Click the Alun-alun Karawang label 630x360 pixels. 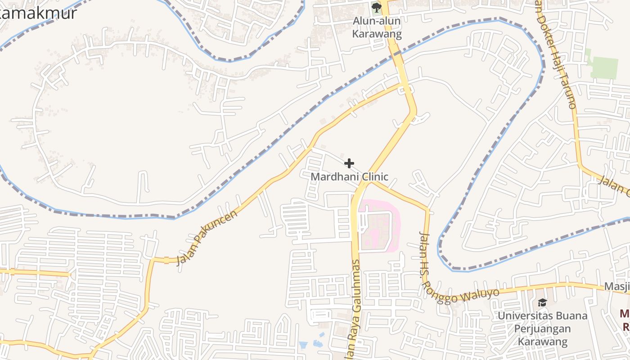(x=377, y=27)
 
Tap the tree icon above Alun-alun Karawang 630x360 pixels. (x=376, y=7)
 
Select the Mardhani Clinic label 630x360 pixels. (x=349, y=177)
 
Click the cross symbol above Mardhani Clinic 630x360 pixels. (x=349, y=163)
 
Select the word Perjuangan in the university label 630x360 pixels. (x=542, y=328)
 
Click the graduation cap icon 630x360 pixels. (x=542, y=302)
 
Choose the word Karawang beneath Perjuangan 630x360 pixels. (x=542, y=342)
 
